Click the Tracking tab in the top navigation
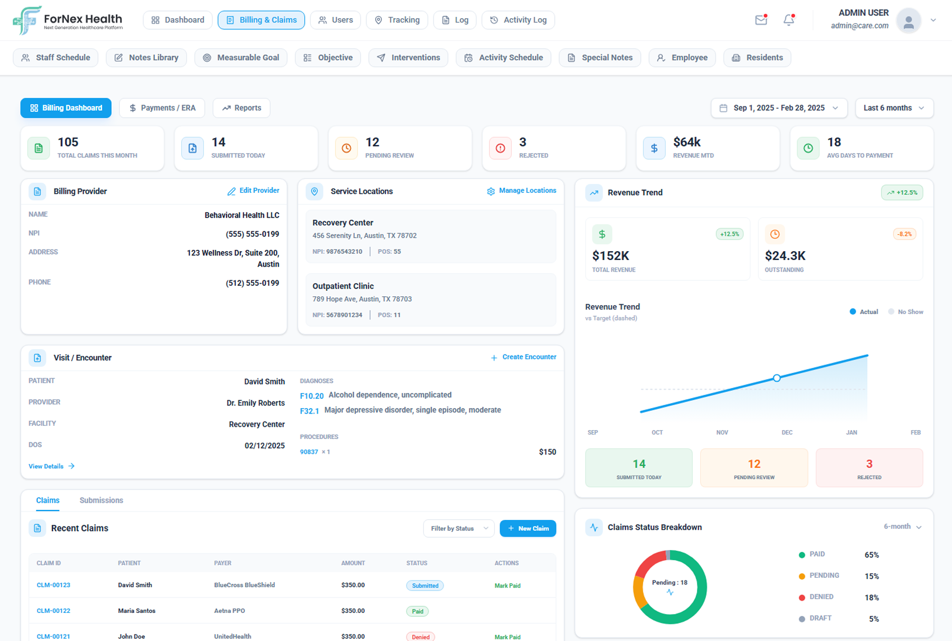point(397,20)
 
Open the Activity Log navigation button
point(518,20)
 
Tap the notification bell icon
point(788,20)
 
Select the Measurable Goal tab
point(241,58)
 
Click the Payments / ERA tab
point(162,108)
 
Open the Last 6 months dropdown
point(894,108)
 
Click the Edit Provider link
point(253,191)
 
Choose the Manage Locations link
point(521,191)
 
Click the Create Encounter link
point(523,357)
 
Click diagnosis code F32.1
point(310,411)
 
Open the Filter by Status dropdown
point(458,529)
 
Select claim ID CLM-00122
point(53,611)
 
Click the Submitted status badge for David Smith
point(425,585)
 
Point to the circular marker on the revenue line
point(776,378)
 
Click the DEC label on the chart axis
point(787,432)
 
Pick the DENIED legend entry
point(821,597)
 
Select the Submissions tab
point(101,501)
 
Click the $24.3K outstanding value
point(785,256)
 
